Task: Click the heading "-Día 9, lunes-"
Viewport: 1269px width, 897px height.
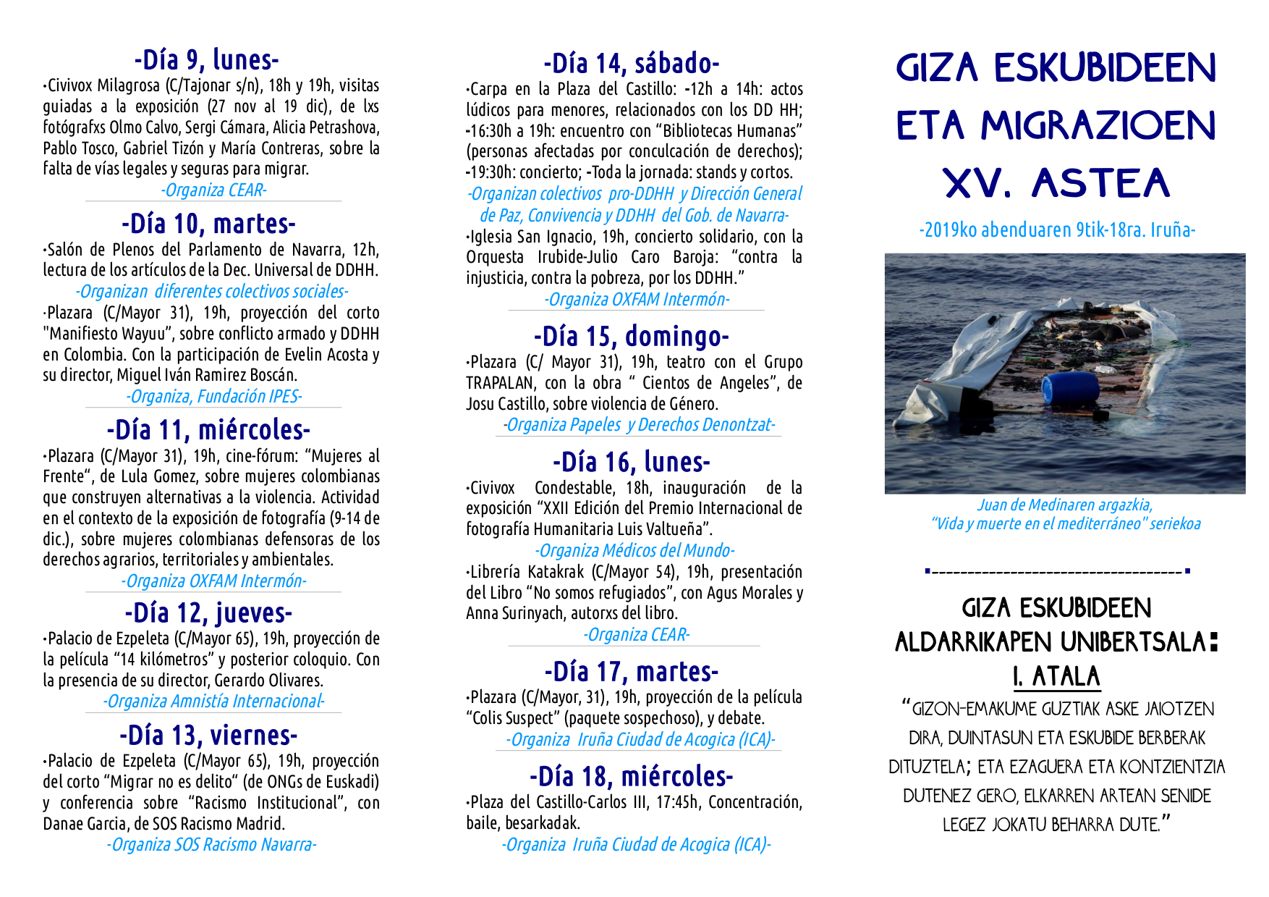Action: (206, 59)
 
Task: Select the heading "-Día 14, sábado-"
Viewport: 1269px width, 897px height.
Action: (632, 64)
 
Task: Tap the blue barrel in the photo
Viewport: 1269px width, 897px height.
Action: (1069, 387)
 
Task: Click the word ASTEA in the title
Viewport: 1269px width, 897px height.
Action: (1101, 183)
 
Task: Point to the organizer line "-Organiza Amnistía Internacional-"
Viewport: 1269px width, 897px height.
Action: (213, 702)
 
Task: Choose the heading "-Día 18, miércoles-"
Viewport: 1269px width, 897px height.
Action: (632, 777)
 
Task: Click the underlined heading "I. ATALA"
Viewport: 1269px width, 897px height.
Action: (1056, 676)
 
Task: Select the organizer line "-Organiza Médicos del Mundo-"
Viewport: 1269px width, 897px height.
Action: (634, 551)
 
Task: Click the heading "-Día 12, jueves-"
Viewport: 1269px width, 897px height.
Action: (208, 613)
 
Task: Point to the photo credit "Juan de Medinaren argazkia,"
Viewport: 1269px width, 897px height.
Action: (1065, 505)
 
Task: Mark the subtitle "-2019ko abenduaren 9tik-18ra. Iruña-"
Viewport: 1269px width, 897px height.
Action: (1057, 230)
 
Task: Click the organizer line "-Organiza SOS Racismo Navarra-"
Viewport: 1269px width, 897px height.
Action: (211, 845)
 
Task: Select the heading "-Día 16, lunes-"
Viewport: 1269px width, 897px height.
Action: (632, 462)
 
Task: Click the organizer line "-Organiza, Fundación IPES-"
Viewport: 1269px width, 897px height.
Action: (213, 397)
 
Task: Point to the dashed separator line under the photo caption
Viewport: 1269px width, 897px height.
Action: (1057, 572)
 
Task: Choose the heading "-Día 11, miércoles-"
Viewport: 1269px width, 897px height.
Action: (208, 430)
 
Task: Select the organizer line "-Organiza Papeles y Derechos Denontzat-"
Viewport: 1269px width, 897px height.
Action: (639, 425)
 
